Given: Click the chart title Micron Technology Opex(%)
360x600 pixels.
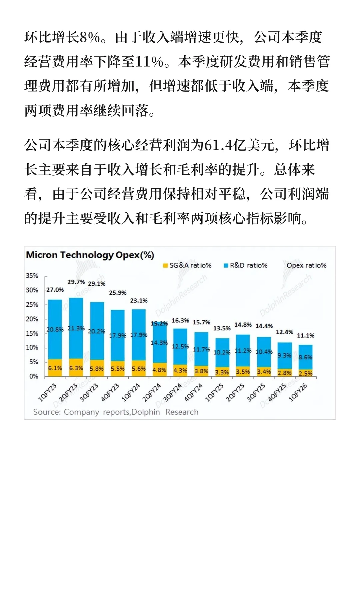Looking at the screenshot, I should pyautogui.click(x=90, y=255).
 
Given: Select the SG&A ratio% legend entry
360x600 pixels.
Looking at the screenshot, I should pyautogui.click(x=187, y=265).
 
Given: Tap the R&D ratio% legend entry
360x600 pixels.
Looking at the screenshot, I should pyautogui.click(x=246, y=265).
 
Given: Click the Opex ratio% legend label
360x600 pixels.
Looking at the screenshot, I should pyautogui.click(x=306, y=265).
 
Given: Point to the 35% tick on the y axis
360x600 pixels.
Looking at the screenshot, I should pyautogui.click(x=32, y=276).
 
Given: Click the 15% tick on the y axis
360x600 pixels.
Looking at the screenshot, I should pyautogui.click(x=32, y=333).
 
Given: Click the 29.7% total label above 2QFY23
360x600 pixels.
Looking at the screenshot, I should pyautogui.click(x=76, y=282).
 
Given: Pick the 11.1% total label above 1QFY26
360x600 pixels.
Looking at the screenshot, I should pyautogui.click(x=305, y=336).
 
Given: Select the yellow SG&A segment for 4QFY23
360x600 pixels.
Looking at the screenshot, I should pyautogui.click(x=118, y=369).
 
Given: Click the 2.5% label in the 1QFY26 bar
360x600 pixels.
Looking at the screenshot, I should pyautogui.click(x=305, y=374).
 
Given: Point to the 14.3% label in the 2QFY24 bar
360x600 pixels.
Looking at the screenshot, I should pyautogui.click(x=159, y=343).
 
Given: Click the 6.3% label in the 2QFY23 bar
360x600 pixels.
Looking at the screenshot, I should pyautogui.click(x=76, y=368).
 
